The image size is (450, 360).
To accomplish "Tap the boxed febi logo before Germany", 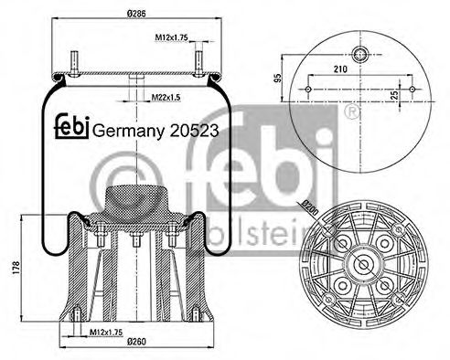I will pyautogui.click(x=73, y=129).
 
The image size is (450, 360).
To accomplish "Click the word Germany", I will pyautogui.click(x=124, y=131).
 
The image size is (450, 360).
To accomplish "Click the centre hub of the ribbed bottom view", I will pyautogui.click(x=364, y=265).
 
